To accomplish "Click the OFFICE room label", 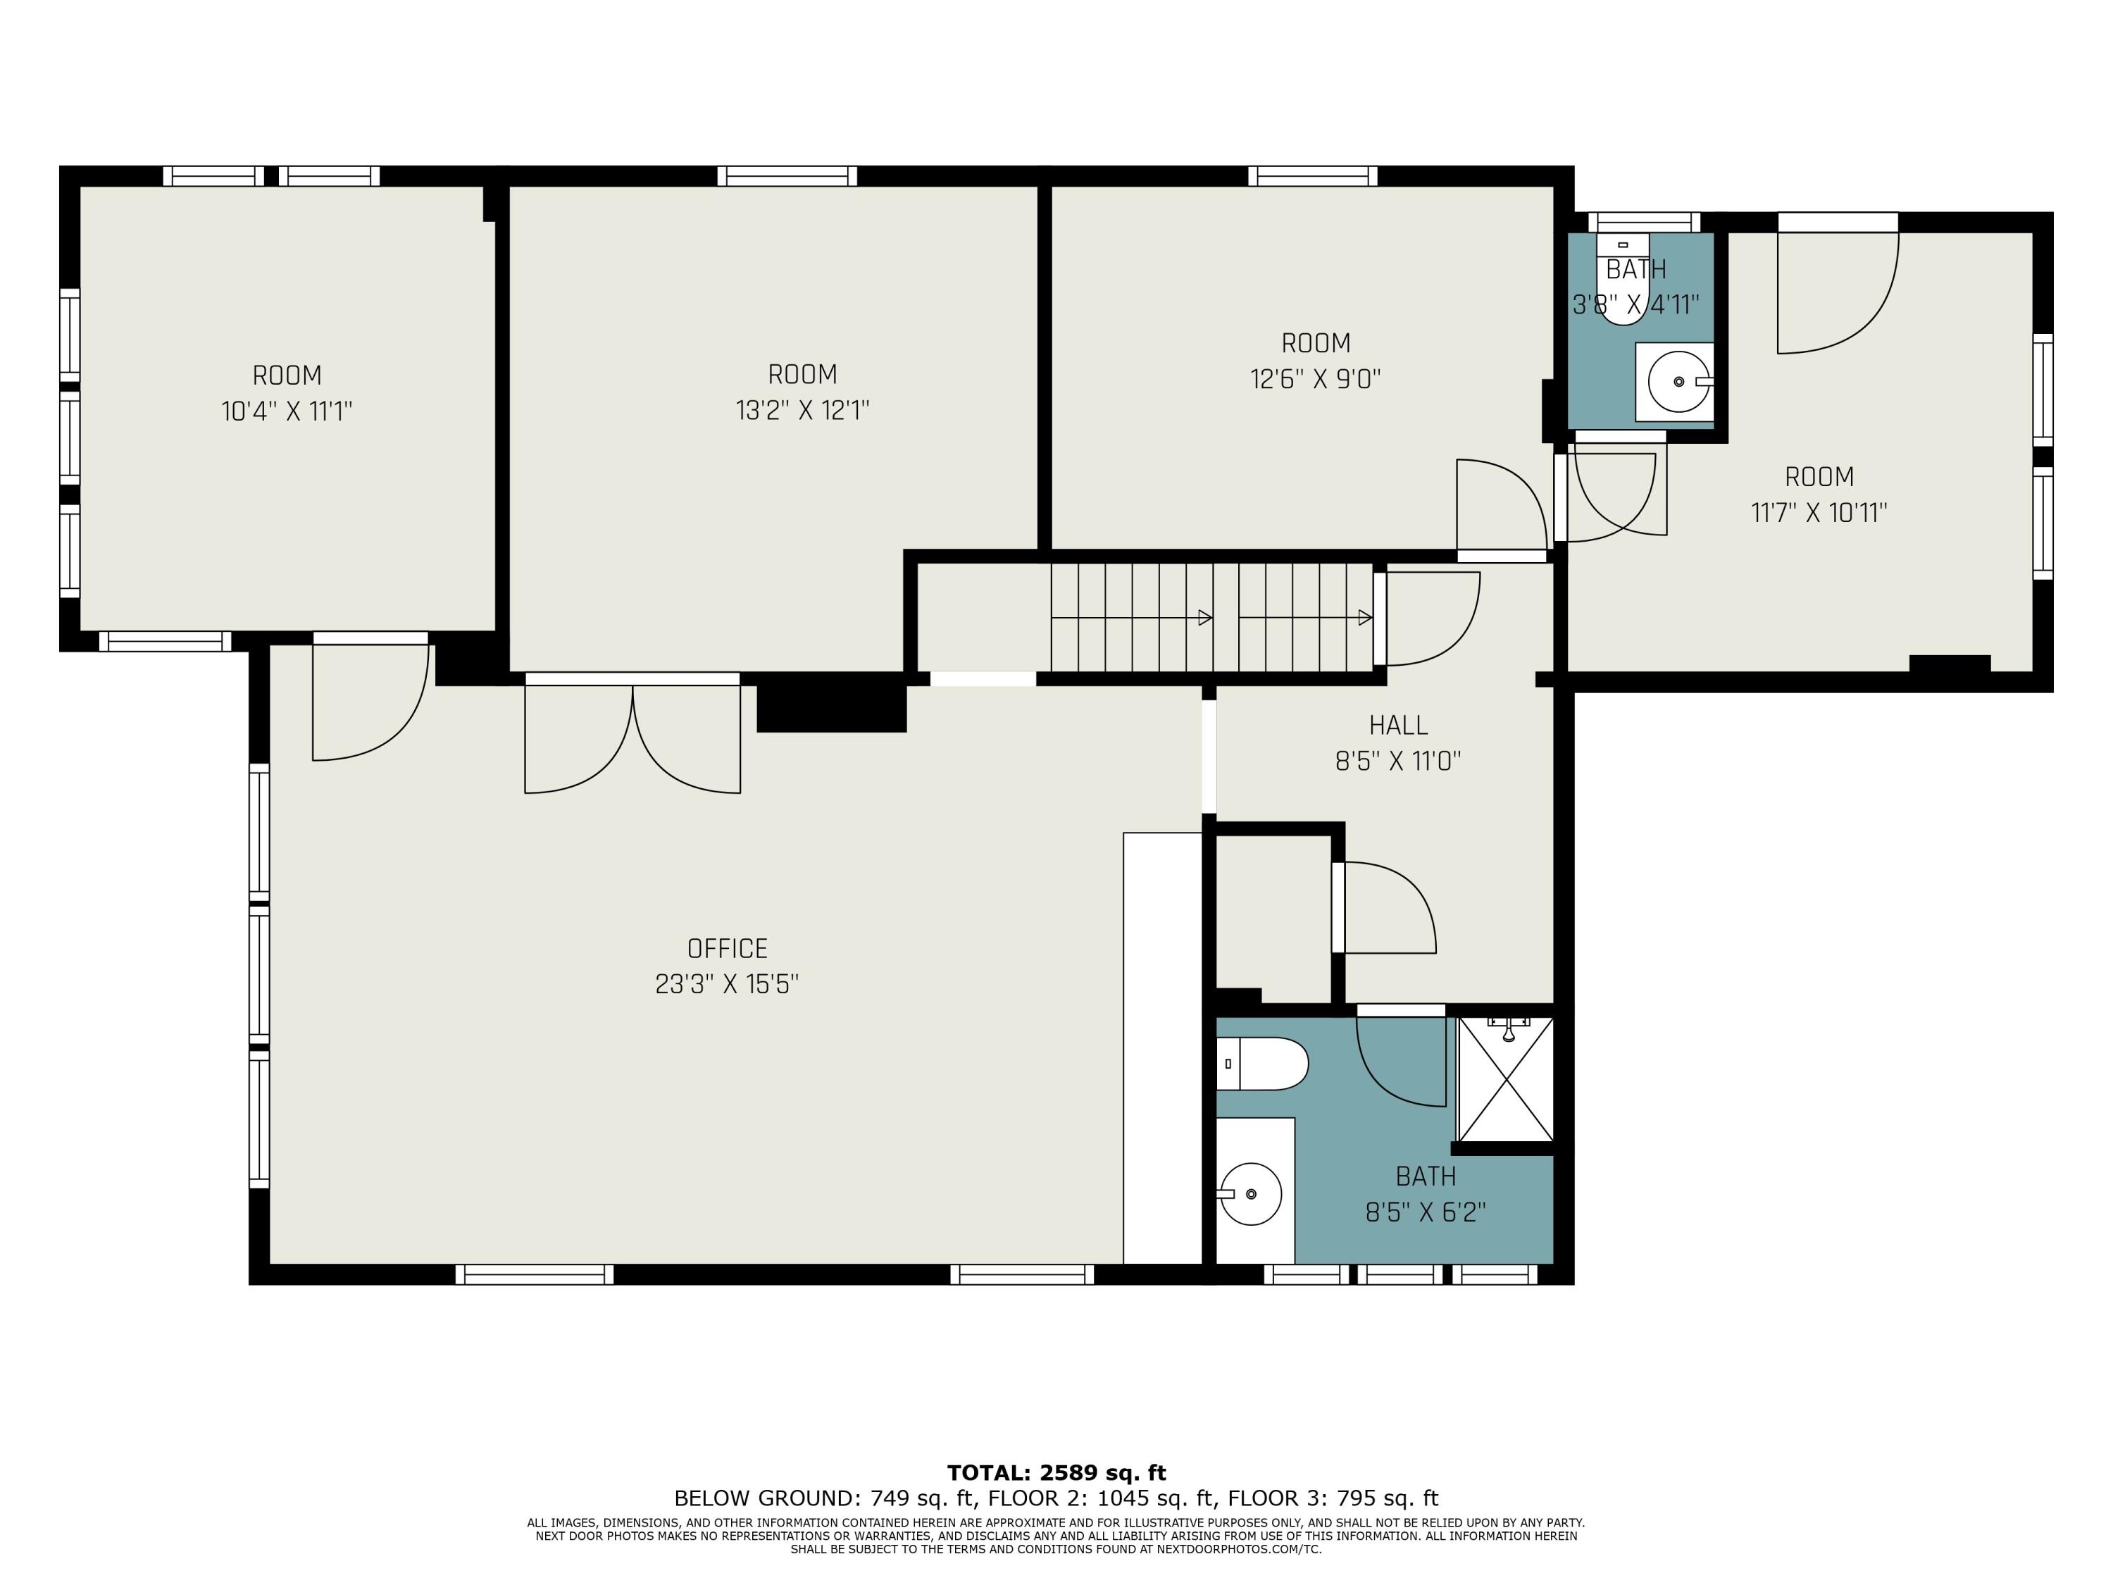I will [x=727, y=949].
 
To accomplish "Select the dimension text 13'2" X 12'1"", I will [x=802, y=411].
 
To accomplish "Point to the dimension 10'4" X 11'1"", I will [x=287, y=412].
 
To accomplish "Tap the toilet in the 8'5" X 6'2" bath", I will [x=1263, y=1063].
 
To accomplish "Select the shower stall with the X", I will [x=1505, y=1080].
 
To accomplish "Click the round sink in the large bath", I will [x=1250, y=1194].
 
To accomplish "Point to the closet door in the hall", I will [x=1385, y=907].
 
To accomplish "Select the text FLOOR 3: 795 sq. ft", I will [x=1333, y=1498].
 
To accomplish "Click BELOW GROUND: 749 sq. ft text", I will [x=826, y=1498].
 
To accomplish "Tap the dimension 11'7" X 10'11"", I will [x=1819, y=513].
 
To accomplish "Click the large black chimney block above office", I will [x=830, y=706].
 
